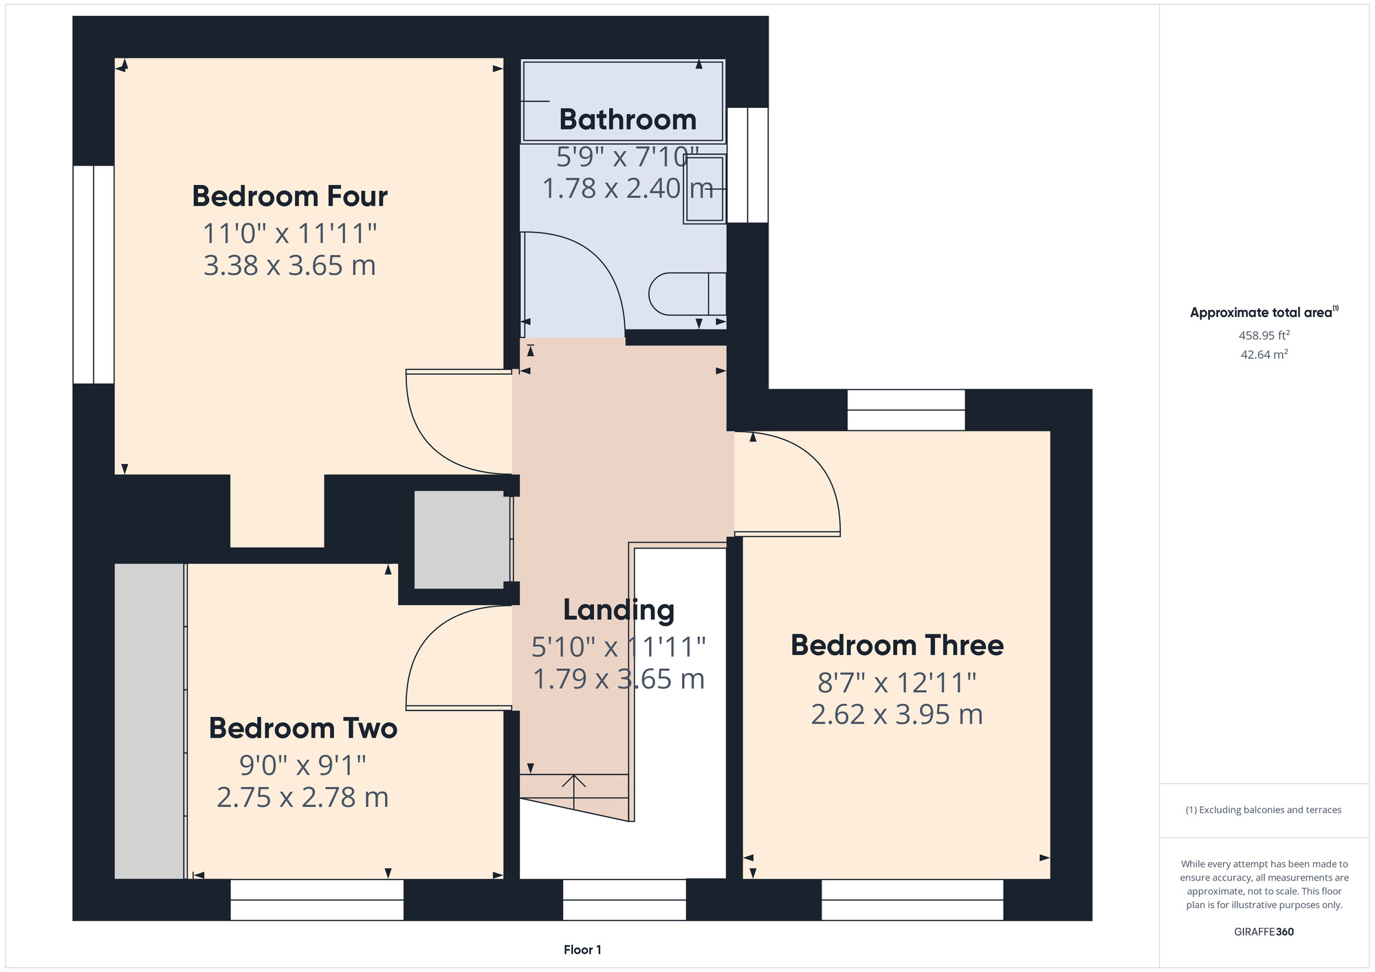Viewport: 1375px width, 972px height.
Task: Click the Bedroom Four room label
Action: [289, 197]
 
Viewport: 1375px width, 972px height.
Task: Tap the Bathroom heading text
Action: [627, 120]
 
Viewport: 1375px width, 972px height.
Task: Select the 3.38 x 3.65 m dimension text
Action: [289, 266]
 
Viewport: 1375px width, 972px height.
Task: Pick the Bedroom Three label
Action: [896, 645]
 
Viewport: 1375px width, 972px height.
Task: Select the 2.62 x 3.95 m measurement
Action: [896, 715]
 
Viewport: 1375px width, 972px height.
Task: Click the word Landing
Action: [618, 610]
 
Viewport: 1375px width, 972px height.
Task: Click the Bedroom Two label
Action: [303, 729]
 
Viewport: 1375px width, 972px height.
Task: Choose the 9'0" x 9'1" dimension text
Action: [302, 764]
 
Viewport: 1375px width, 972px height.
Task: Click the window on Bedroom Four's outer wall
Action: [93, 274]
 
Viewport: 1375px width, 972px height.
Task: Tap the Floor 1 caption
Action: [582, 950]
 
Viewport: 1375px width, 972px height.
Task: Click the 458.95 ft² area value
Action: [1264, 335]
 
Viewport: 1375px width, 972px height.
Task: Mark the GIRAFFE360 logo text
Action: [1264, 932]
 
